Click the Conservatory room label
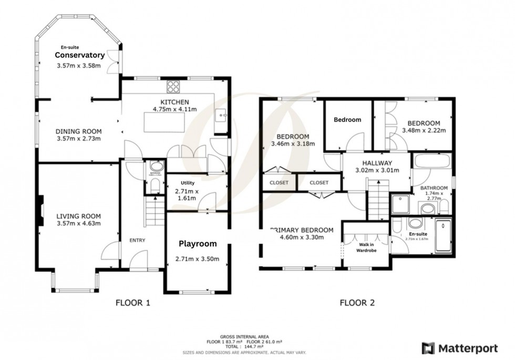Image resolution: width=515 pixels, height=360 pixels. pyautogui.click(x=80, y=55)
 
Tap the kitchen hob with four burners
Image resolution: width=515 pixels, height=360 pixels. pyautogui.click(x=173, y=87)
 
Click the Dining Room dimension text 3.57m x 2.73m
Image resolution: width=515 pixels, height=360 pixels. pyautogui.click(x=78, y=139)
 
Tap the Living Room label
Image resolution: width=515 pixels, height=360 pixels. pyautogui.click(x=78, y=216)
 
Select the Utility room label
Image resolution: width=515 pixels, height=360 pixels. pyautogui.click(x=188, y=183)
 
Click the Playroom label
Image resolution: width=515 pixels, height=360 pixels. pyautogui.click(x=198, y=244)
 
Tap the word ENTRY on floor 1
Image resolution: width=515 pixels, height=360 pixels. pyautogui.click(x=137, y=240)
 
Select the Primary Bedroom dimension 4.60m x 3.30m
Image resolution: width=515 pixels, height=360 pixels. pyautogui.click(x=302, y=237)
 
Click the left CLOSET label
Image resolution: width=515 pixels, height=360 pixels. pyautogui.click(x=279, y=183)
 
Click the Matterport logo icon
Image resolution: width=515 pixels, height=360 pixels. pyautogui.click(x=428, y=347)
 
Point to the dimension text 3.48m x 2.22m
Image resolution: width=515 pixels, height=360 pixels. pyautogui.click(x=424, y=130)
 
